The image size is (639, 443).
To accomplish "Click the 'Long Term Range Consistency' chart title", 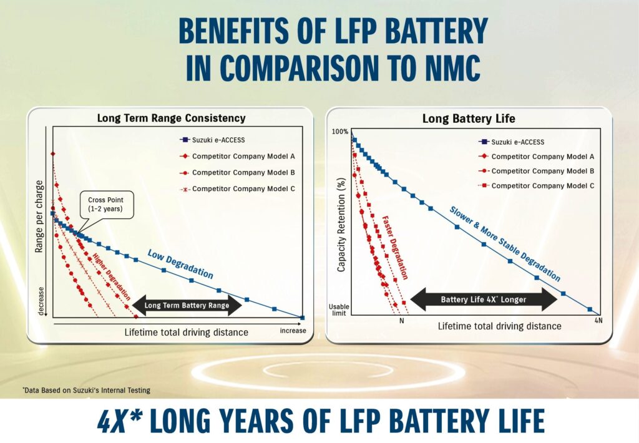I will pyautogui.click(x=171, y=118).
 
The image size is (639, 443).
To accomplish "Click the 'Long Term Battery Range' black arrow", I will pyautogui.click(x=187, y=305).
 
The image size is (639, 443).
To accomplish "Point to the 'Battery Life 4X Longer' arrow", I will pyautogui.click(x=483, y=299).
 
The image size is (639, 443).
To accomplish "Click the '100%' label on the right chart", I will pyautogui.click(x=341, y=132).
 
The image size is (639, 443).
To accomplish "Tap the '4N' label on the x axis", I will pyautogui.click(x=598, y=321).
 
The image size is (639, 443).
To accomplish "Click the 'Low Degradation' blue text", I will pyautogui.click(x=180, y=263).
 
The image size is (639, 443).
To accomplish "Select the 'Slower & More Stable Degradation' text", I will pyautogui.click(x=504, y=243).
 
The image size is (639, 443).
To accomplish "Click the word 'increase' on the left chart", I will pyautogui.click(x=293, y=331).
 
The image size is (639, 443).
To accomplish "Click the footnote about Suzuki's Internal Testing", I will pyautogui.click(x=86, y=391).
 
